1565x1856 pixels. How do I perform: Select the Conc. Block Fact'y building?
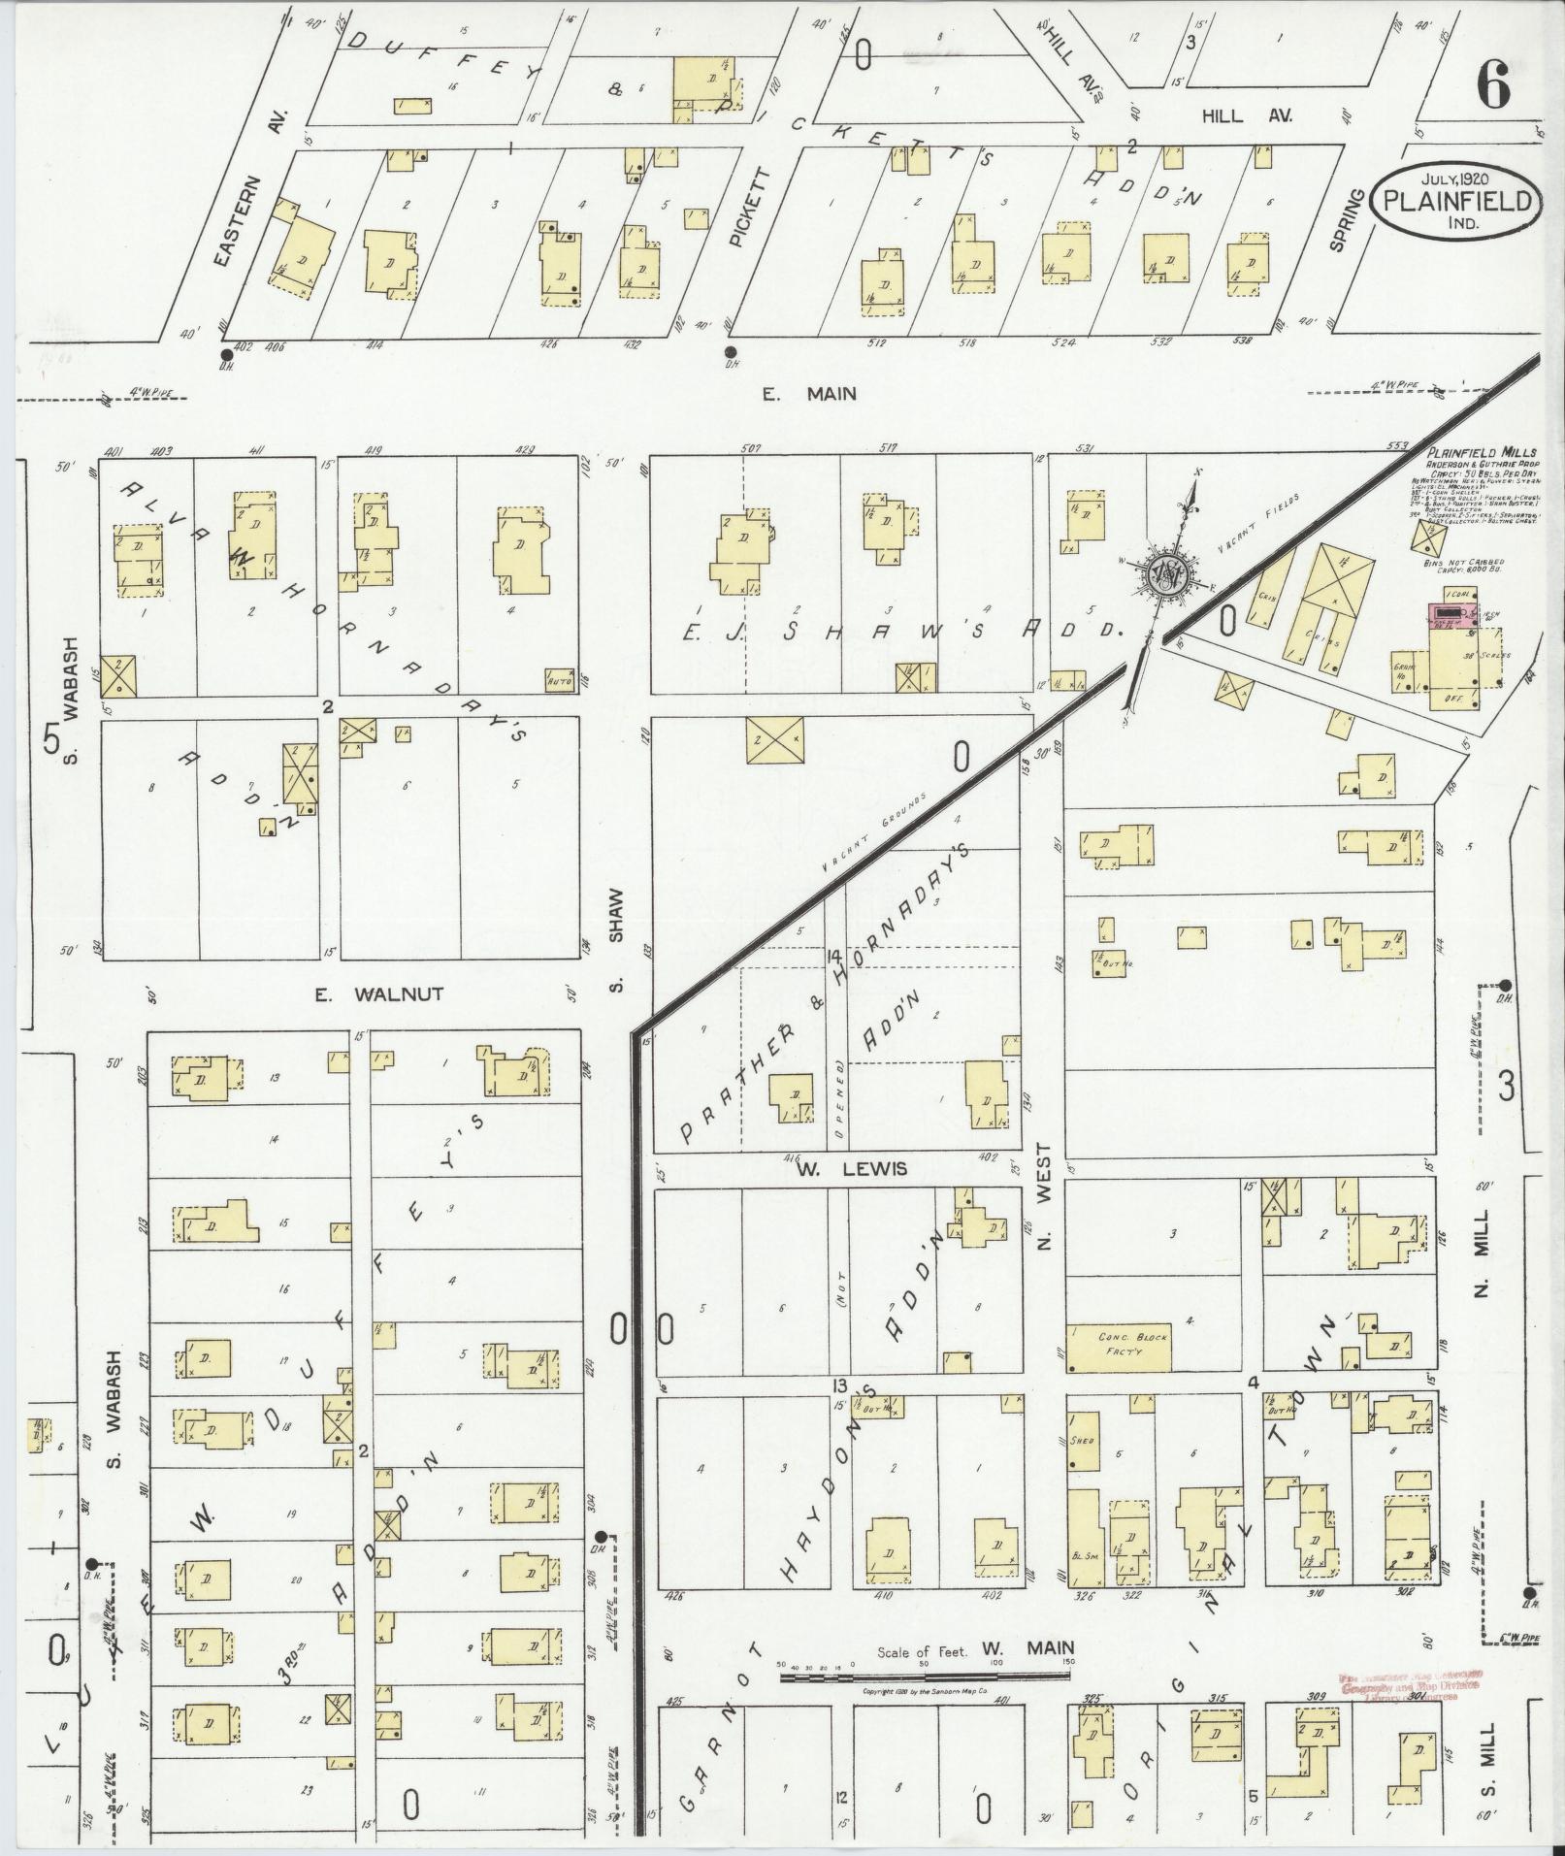click(x=1133, y=1346)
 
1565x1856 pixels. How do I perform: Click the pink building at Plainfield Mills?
click(x=1451, y=614)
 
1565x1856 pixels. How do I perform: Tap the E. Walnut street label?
click(x=378, y=993)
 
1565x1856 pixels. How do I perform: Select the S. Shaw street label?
click(x=616, y=941)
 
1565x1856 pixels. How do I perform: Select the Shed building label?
click(x=1082, y=1441)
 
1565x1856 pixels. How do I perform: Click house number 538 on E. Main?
click(x=1241, y=341)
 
